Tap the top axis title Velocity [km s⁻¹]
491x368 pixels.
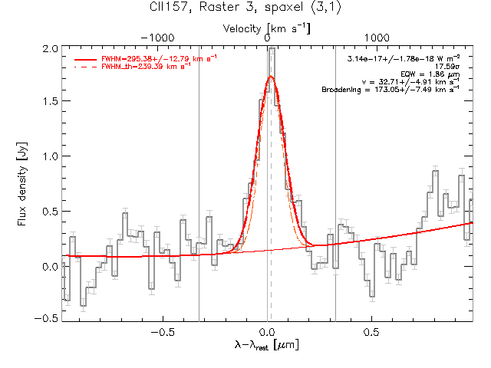point(266,29)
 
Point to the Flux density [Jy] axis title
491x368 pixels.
point(22,184)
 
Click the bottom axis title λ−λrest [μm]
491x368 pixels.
point(266,345)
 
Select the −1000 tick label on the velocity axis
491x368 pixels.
point(157,38)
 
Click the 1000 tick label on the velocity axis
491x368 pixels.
point(377,38)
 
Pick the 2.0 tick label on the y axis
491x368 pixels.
point(50,49)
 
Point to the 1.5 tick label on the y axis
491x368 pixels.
point(50,101)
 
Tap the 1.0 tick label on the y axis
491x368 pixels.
point(50,156)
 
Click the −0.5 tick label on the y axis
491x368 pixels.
point(46,318)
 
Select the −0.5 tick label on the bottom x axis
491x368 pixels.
point(163,332)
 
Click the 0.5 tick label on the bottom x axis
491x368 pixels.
point(371,332)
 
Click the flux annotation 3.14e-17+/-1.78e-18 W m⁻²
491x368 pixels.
point(404,58)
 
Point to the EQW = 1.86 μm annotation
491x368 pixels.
point(430,74)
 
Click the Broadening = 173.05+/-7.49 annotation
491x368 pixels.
point(390,90)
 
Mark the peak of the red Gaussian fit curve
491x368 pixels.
point(271,76)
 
